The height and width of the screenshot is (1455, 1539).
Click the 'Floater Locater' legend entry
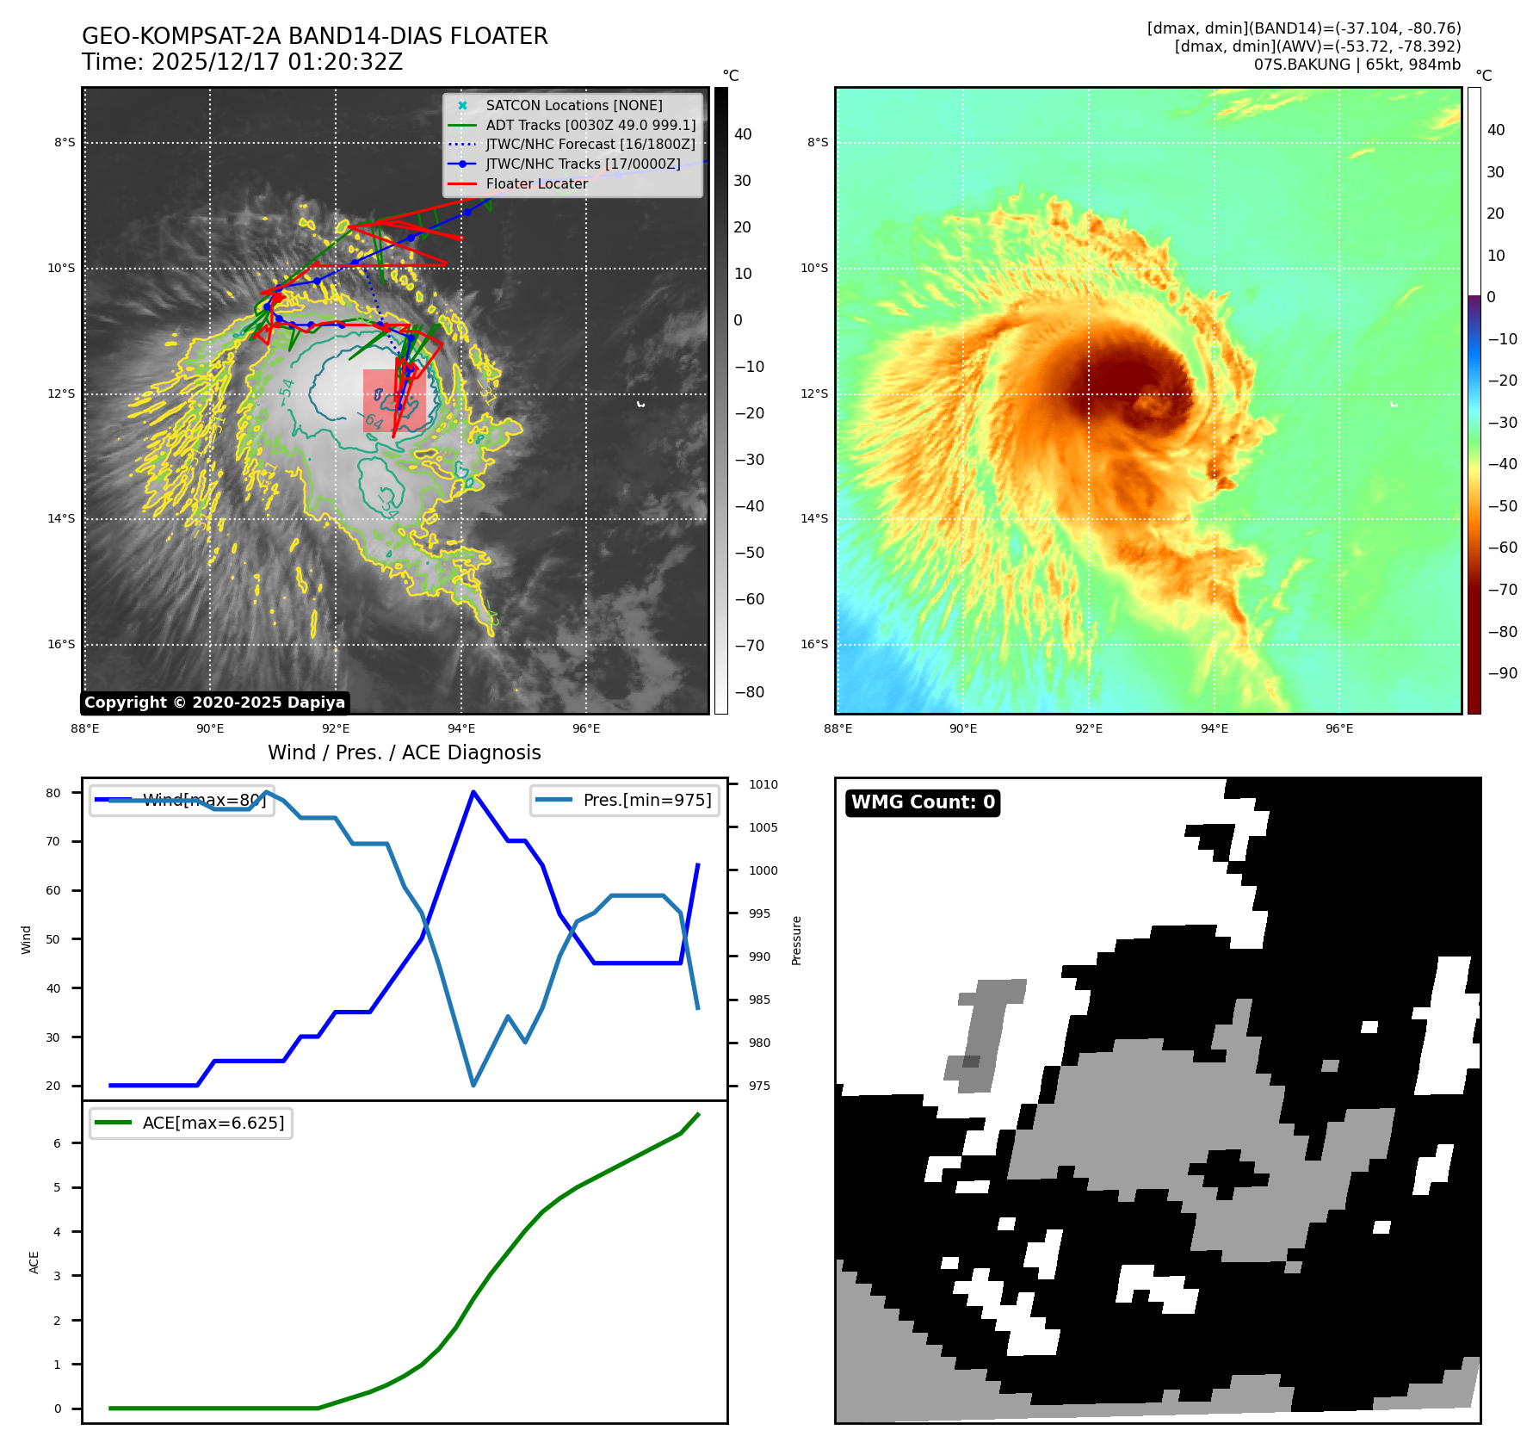(x=536, y=183)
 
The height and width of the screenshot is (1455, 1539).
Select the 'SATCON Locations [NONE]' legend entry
(x=573, y=105)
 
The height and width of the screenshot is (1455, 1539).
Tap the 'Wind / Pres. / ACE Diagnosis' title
(x=404, y=752)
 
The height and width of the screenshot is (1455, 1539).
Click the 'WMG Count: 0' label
(x=923, y=802)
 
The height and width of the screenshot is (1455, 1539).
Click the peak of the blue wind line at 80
(x=473, y=791)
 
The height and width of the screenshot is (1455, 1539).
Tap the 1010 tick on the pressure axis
(x=763, y=784)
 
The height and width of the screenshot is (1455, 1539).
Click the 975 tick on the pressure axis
(x=759, y=1086)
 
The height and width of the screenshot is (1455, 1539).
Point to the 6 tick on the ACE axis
(x=58, y=1143)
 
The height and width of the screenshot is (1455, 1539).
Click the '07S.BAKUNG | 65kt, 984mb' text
(x=1357, y=65)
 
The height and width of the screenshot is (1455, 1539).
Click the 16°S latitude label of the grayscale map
(x=61, y=644)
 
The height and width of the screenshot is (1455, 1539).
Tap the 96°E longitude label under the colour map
(x=1338, y=728)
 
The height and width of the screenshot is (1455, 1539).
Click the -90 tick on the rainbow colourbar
(x=1502, y=673)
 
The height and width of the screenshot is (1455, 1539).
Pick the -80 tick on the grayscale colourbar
(x=749, y=692)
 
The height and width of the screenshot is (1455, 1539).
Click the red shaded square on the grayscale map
(x=394, y=400)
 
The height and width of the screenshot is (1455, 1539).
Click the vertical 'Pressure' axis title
(x=796, y=940)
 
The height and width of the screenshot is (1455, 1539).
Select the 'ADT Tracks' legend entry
(x=590, y=125)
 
